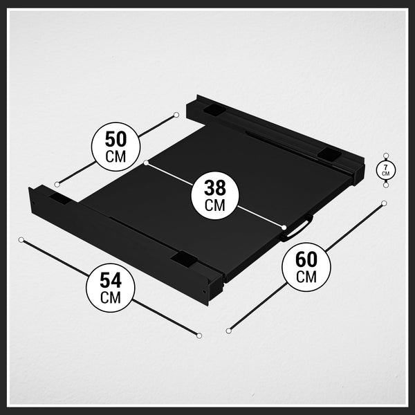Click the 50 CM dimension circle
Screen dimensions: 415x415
tap(116, 147)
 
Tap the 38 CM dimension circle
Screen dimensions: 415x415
tap(215, 195)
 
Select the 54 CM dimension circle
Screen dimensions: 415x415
tap(111, 288)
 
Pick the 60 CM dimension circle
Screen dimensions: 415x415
tap(306, 267)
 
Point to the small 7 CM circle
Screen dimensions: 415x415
tap(386, 170)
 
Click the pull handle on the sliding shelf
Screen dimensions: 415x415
tap(297, 229)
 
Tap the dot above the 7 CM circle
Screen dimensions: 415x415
tap(386, 156)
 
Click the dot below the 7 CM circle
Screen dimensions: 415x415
tap(386, 185)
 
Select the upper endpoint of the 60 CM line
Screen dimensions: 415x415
tap(384, 203)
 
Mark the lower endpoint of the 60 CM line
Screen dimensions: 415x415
tap(229, 331)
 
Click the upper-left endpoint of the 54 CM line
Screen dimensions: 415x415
tap(21, 240)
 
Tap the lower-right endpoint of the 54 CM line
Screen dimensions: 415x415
tap(199, 335)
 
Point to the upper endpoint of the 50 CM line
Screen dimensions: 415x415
tap(176, 115)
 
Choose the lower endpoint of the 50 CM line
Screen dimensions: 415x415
tap(57, 184)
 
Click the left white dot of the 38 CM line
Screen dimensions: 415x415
tap(146, 163)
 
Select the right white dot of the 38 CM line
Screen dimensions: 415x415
tap(284, 228)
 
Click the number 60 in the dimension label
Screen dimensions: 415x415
tap(306, 259)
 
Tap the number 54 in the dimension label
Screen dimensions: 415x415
tap(111, 281)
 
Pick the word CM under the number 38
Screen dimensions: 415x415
tap(215, 205)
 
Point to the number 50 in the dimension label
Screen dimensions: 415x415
tap(116, 139)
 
